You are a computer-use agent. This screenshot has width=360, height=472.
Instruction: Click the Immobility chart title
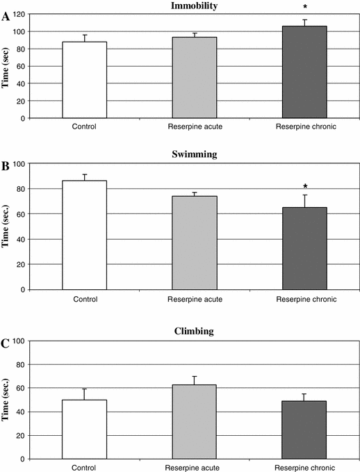pyautogui.click(x=194, y=6)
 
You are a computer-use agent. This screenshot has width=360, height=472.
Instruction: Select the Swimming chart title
pyautogui.click(x=195, y=154)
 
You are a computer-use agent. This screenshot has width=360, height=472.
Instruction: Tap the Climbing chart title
pyautogui.click(x=194, y=331)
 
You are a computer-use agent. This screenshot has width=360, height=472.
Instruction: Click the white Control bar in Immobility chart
pyautogui.click(x=85, y=80)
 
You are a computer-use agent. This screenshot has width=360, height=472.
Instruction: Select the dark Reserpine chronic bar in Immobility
pyautogui.click(x=304, y=72)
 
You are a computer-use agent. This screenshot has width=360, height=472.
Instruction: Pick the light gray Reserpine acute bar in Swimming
pyautogui.click(x=195, y=243)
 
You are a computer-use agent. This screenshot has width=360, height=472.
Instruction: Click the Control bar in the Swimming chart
pyautogui.click(x=85, y=235)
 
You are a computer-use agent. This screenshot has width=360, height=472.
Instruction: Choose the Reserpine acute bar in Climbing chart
pyautogui.click(x=194, y=422)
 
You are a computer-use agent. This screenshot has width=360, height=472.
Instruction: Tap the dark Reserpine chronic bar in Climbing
pyautogui.click(x=304, y=430)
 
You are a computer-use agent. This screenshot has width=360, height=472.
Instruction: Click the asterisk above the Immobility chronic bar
pyautogui.click(x=305, y=7)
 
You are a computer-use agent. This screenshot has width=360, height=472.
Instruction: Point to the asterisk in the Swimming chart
pyautogui.click(x=305, y=186)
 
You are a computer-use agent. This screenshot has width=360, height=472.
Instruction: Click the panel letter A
pyautogui.click(x=6, y=17)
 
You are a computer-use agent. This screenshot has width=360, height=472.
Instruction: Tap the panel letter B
pyautogui.click(x=6, y=166)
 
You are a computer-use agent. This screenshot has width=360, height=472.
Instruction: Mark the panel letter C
pyautogui.click(x=5, y=343)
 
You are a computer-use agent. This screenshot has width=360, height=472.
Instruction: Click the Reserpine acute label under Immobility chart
pyautogui.click(x=195, y=127)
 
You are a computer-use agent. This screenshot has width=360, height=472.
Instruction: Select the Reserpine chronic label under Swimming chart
pyautogui.click(x=306, y=299)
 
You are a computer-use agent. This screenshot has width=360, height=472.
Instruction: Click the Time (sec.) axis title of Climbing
pyautogui.click(x=5, y=400)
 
